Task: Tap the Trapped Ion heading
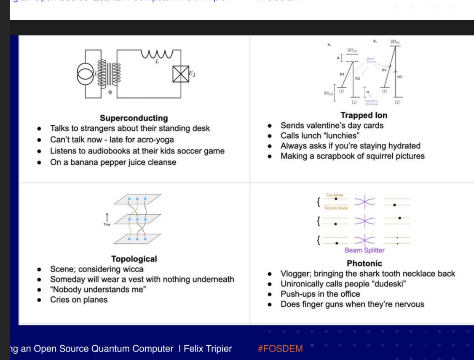tap(364, 115)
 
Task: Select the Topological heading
tap(134, 259)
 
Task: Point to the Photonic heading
tap(364, 263)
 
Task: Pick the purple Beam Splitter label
tap(364, 250)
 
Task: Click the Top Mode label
tap(335, 195)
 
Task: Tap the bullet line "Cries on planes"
tap(79, 300)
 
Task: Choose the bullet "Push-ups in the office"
tap(320, 294)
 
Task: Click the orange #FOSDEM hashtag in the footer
tap(280, 349)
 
